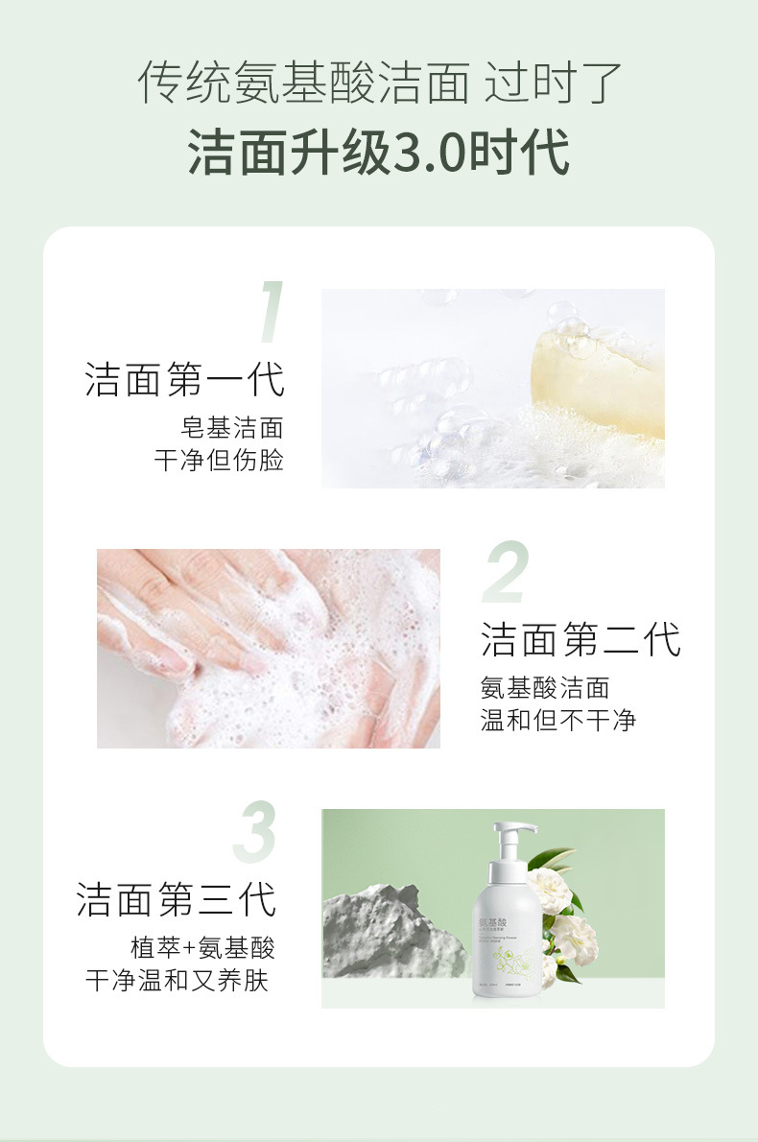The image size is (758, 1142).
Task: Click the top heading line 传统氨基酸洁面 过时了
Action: click(379, 83)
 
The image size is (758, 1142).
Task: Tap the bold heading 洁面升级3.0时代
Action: click(379, 152)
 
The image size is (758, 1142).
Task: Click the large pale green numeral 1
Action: click(272, 313)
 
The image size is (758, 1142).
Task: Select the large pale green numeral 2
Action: click(505, 573)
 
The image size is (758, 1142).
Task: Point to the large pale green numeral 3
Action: click(255, 832)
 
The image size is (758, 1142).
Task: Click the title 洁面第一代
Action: click(184, 379)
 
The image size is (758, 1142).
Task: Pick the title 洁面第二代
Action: click(580, 640)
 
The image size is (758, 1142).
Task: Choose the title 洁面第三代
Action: click(177, 900)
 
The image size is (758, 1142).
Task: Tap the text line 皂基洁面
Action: click(232, 427)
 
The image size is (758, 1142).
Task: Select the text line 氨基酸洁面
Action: click(544, 687)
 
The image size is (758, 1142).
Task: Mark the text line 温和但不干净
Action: click(557, 720)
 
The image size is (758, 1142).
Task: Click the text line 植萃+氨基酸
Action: click(202, 948)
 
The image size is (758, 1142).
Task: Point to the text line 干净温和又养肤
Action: click(177, 981)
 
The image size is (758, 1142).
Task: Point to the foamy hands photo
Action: click(269, 649)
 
